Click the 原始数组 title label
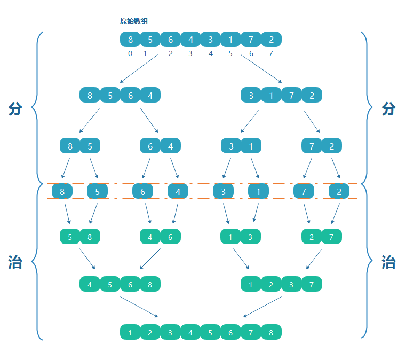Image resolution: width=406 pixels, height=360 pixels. tap(134, 21)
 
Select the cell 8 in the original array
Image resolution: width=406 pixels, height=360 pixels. tap(130, 40)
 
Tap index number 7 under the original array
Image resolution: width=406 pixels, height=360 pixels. tap(271, 53)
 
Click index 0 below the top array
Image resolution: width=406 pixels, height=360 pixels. tap(130, 53)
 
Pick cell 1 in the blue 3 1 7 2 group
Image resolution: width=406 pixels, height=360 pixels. tap(272, 95)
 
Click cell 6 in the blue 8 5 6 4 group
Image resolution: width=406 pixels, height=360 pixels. tap(131, 95)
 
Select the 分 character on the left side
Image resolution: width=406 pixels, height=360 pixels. tap(15, 109)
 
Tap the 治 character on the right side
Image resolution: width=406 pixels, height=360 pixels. tap(389, 262)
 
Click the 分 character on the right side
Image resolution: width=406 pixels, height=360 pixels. tap(389, 109)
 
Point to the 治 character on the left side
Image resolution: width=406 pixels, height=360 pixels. tap(15, 262)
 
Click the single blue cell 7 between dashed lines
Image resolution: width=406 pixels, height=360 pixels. tap(304, 191)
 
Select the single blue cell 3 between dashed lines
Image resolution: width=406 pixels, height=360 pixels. tap(223, 191)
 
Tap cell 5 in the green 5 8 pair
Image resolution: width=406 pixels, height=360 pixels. tap(70, 237)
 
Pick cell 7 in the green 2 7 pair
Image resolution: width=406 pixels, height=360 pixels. tap(332, 237)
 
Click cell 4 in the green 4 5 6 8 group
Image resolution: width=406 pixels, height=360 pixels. tap(90, 284)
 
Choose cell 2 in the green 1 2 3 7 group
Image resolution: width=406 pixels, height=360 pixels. tap(272, 284)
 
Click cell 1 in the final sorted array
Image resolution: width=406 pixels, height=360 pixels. tap(130, 332)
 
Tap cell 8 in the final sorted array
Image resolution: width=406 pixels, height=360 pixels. tap(271, 332)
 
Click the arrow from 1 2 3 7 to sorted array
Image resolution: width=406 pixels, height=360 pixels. tap(262, 307)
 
